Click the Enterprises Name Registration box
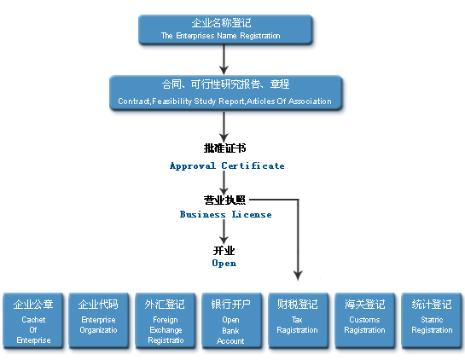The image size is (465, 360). click(225, 30)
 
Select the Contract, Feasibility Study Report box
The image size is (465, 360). click(226, 93)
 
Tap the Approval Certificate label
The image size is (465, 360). click(227, 165)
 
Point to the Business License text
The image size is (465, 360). click(226, 214)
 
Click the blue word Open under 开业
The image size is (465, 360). click(224, 263)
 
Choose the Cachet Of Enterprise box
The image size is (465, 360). click(33, 320)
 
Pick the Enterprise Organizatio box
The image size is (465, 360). click(98, 320)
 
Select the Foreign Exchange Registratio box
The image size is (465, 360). click(166, 320)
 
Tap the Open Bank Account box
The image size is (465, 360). click(231, 320)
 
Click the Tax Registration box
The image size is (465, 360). click(298, 320)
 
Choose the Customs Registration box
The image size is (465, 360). click(365, 320)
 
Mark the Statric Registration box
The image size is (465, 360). click(432, 320)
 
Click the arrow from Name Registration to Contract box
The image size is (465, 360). click(224, 60)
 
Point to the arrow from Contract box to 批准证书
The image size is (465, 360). click(224, 127)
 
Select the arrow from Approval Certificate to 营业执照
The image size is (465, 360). click(224, 183)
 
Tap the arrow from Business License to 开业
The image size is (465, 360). click(224, 231)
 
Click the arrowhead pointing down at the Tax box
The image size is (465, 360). click(298, 276)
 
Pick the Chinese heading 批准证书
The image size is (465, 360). click(224, 148)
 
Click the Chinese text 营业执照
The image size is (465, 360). click(224, 200)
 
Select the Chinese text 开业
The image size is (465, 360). click(224, 251)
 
